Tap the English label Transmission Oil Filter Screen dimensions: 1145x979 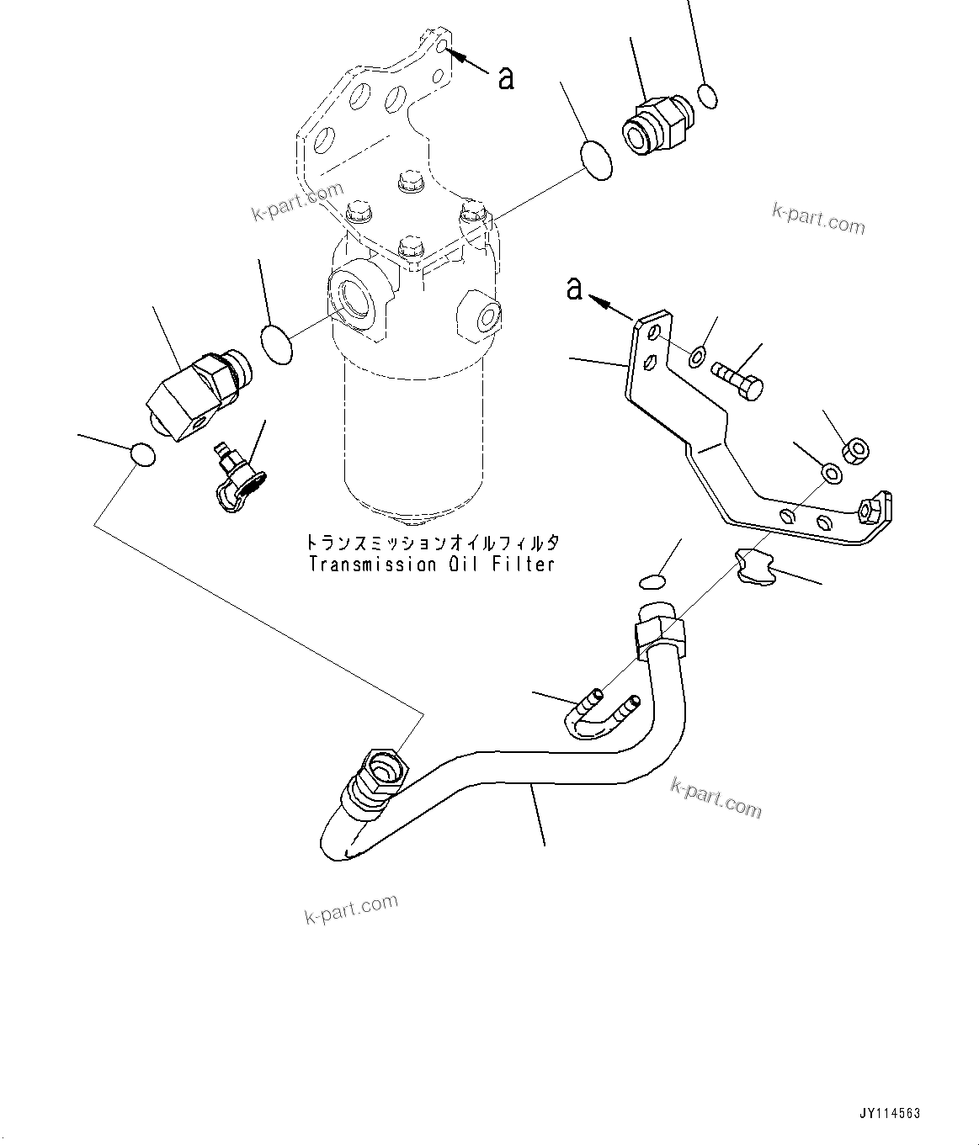pyautogui.click(x=432, y=564)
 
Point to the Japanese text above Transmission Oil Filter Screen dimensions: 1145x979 pyautogui.click(x=432, y=543)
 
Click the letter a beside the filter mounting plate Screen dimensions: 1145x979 pyautogui.click(x=505, y=77)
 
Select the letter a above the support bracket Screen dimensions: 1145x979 pyautogui.click(x=575, y=289)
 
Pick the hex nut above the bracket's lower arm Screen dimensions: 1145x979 pyautogui.click(x=856, y=449)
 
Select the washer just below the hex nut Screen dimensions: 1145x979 pyautogui.click(x=831, y=473)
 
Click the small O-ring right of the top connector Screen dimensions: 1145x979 pyautogui.click(x=709, y=96)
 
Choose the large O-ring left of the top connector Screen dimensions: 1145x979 pyautogui.click(x=596, y=161)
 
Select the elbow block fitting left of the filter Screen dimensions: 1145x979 pyautogui.click(x=192, y=394)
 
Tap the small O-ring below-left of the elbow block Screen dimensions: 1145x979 pyautogui.click(x=143, y=455)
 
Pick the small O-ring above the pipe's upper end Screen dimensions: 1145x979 pyautogui.click(x=652, y=581)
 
